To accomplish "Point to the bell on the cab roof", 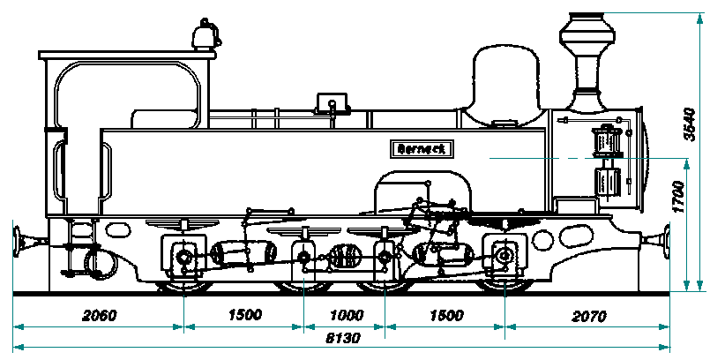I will point(205,34).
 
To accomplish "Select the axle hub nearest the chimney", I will point(504,257).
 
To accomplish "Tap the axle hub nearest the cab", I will point(183,258).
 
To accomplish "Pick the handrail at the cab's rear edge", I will point(58,173).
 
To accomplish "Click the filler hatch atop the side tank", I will point(333,104).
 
